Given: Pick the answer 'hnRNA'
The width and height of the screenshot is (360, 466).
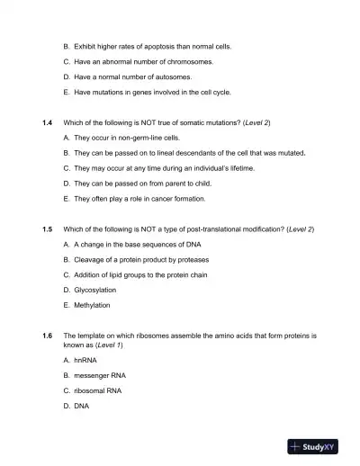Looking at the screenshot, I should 85,359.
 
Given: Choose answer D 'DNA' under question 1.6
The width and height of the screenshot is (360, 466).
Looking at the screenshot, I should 83,406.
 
